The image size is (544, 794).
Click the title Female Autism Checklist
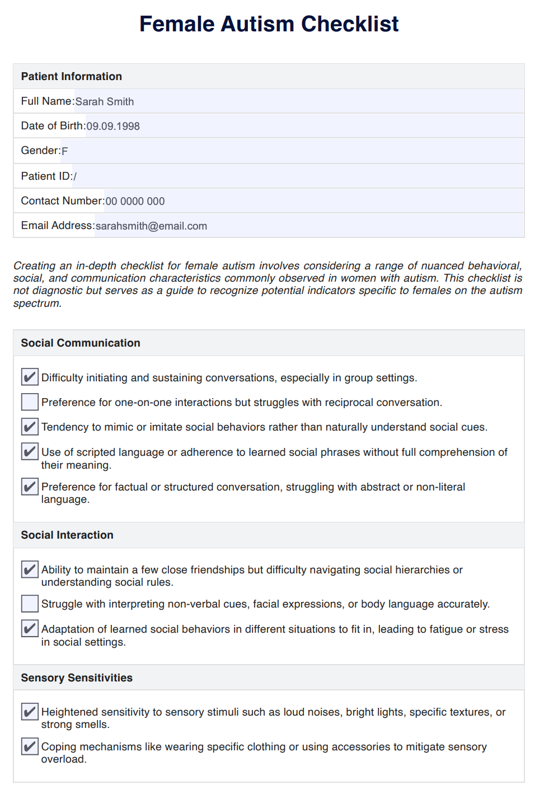coord(269,24)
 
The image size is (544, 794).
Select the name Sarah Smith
coord(105,101)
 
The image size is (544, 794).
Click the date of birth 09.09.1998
coord(113,126)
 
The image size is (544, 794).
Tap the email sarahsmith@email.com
coord(151,226)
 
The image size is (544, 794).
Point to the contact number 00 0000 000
coord(135,201)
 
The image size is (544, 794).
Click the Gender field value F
coord(65,151)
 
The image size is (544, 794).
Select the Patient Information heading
coord(72,76)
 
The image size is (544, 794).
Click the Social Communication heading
coord(81,343)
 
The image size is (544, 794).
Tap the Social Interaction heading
coord(67,535)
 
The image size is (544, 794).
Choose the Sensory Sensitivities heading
coord(77,678)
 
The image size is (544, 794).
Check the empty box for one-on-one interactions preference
coord(30,402)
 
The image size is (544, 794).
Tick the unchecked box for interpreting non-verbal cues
coord(30,604)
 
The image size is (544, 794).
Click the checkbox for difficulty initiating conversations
coord(30,377)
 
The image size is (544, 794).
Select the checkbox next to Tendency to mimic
coord(30,427)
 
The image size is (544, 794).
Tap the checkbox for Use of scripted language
coord(30,451)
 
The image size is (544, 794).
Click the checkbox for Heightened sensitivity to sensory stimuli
coord(30,712)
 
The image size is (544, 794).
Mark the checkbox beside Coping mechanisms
coord(30,746)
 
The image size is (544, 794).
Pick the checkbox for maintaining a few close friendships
coord(30,569)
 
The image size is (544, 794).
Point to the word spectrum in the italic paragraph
coord(36,303)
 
